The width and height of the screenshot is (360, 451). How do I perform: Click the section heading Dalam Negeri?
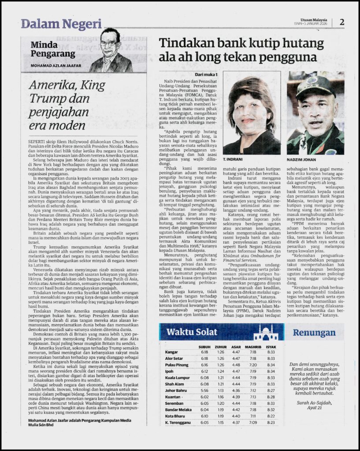[x=61, y=24]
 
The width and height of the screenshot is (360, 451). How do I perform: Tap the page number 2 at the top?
[x=341, y=22]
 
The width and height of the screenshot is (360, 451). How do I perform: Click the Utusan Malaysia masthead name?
[x=313, y=20]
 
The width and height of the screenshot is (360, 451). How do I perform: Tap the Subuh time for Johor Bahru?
[x=204, y=390]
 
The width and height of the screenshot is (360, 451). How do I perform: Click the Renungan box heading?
[x=314, y=333]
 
